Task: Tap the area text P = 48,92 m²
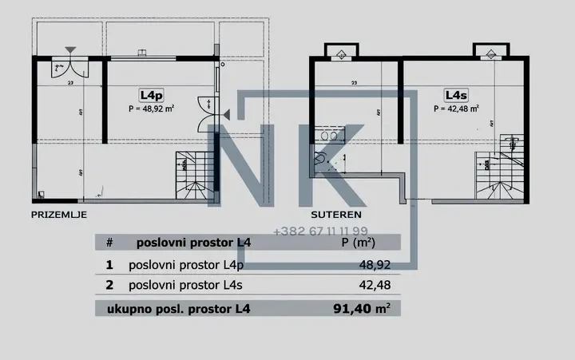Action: pos(152,109)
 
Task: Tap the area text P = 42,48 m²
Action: pos(457,109)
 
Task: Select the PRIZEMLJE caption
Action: pos(58,215)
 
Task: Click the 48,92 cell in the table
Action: pos(375,263)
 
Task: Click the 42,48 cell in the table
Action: pos(375,283)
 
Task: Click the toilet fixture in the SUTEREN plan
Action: pos(321,159)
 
